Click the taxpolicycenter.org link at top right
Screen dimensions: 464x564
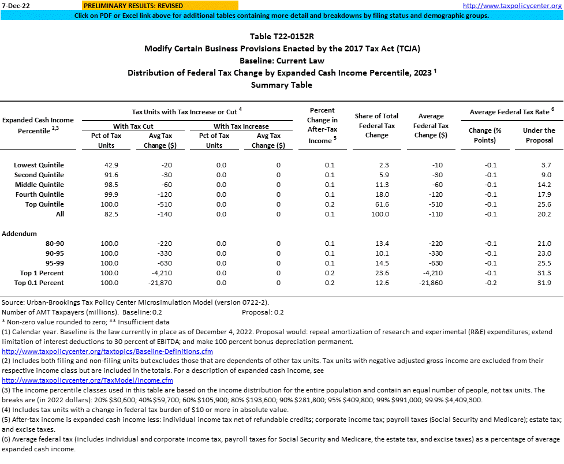pyautogui.click(x=512, y=5)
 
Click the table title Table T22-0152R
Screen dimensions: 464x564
pyautogui.click(x=282, y=36)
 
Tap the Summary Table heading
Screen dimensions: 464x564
pyautogui.click(x=282, y=85)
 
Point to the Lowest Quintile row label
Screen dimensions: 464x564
pyautogui.click(x=39, y=165)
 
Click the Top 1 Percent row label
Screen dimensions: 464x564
pyautogui.click(x=42, y=273)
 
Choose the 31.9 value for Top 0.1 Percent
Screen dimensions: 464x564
pyautogui.click(x=544, y=283)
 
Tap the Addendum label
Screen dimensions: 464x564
pyautogui.click(x=20, y=234)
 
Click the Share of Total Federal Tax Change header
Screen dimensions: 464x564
pyautogui.click(x=377, y=125)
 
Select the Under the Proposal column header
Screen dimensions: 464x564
pyautogui.click(x=539, y=135)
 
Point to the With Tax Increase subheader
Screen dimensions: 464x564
pyautogui.click(x=241, y=126)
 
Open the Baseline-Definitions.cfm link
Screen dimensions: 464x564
pyautogui.click(x=107, y=351)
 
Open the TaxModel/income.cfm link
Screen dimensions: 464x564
pyautogui.click(x=87, y=380)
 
